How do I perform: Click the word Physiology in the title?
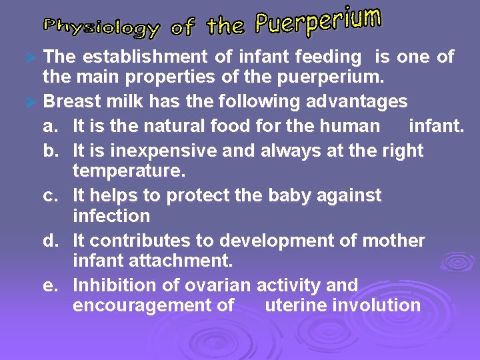101,27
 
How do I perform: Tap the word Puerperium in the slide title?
319,21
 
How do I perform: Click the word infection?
111,217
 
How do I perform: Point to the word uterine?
297,306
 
